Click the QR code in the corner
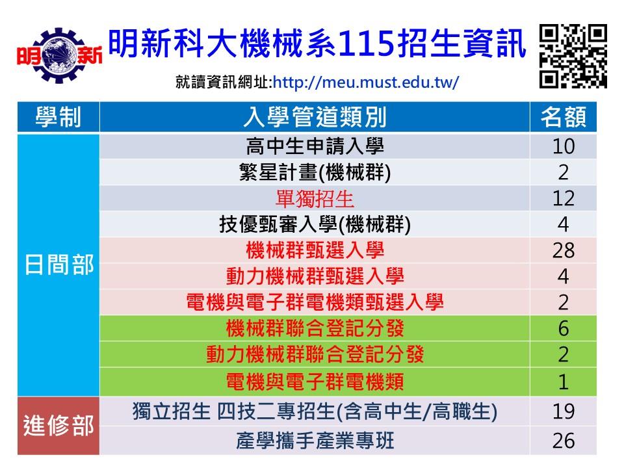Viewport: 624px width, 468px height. [573, 56]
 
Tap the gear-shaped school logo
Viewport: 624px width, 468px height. [59, 55]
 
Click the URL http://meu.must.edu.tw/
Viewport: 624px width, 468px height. [366, 83]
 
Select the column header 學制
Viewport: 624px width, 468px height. [58, 117]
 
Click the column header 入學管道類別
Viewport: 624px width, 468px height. [315, 117]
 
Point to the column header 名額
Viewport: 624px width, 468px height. [563, 117]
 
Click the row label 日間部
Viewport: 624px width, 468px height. [59, 265]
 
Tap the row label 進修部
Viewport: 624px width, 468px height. [59, 425]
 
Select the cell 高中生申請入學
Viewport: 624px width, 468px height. [315, 146]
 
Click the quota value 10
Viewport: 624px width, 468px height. [564, 146]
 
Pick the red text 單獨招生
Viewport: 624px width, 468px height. [315, 199]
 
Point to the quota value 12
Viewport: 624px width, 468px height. [564, 199]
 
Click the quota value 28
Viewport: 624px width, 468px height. [564, 250]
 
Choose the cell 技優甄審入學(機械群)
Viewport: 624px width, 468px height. [315, 224]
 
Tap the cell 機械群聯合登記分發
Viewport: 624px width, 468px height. [315, 328]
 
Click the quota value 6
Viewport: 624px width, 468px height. [564, 328]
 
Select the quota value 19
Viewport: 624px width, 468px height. [564, 411]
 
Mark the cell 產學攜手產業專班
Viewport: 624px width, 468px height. [315, 441]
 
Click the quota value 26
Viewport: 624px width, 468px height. [564, 441]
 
